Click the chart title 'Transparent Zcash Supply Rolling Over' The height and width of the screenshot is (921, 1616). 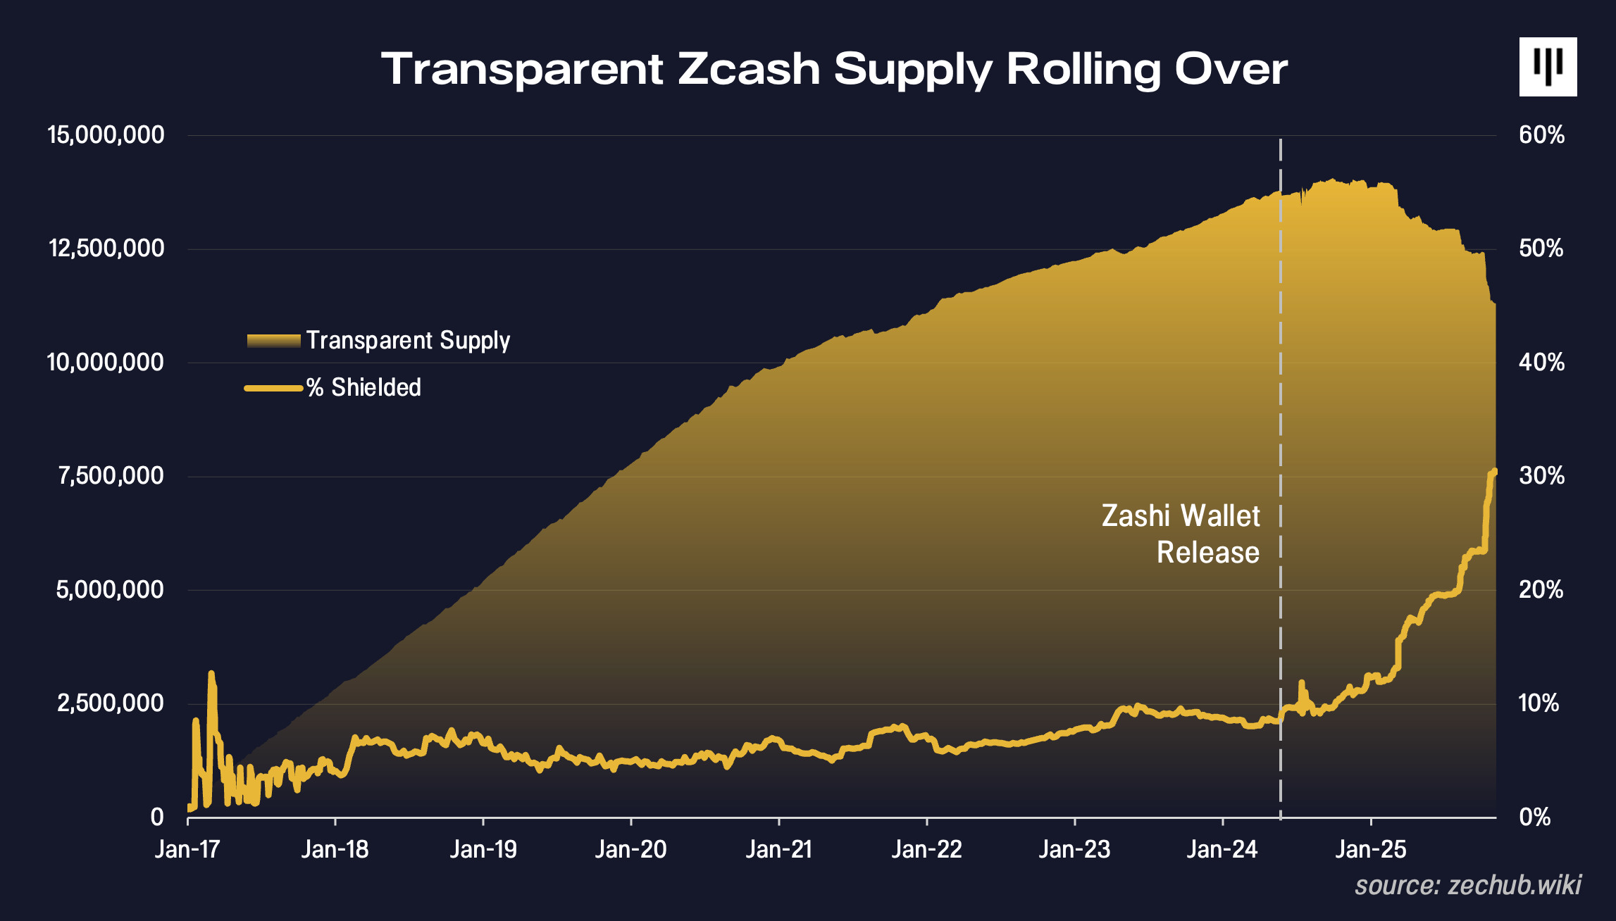pos(834,69)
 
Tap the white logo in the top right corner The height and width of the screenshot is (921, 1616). pos(1548,67)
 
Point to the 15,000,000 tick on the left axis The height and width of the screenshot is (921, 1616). pos(106,134)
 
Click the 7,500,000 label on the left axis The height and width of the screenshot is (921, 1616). pos(111,476)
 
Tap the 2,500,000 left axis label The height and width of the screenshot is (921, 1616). pos(111,703)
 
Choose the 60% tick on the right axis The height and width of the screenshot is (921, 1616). pos(1541,134)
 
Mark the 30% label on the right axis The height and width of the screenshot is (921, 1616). pos(1541,476)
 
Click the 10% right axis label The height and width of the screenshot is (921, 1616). pos(1540,703)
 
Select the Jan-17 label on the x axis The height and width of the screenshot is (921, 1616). pos(187,849)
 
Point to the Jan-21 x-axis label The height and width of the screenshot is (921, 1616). pos(779,849)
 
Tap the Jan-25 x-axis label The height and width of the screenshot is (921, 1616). pos(1371,849)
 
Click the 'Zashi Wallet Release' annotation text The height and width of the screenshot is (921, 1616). pos(1181,534)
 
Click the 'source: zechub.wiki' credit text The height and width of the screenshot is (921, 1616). pos(1468,885)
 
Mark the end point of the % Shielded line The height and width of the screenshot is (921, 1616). pos(1494,471)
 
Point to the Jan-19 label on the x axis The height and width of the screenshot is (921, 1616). pos(483,849)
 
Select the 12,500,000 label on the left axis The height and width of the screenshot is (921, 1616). pos(106,248)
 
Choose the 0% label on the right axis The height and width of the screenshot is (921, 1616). pos(1534,817)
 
